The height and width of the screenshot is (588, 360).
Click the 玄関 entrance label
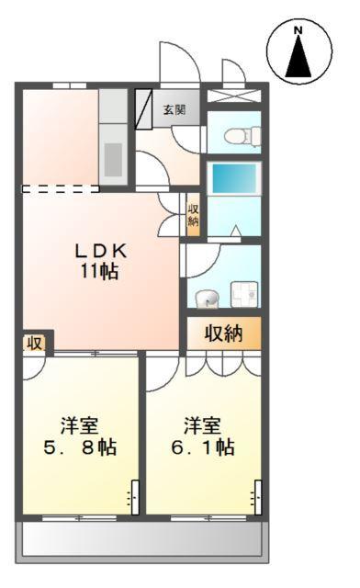[x=174, y=109]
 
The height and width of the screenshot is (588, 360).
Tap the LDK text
[x=100, y=251]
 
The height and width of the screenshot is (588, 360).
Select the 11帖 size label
[x=100, y=272]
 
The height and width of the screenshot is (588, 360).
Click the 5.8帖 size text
[x=82, y=448]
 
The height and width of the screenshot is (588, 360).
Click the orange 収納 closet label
[x=223, y=333]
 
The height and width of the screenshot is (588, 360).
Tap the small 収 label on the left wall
[x=34, y=344]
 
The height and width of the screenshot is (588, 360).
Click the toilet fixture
[x=240, y=135]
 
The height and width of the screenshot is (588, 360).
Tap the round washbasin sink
[x=207, y=298]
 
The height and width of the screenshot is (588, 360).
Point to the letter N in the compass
[x=298, y=32]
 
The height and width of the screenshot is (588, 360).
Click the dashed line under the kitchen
[x=61, y=189]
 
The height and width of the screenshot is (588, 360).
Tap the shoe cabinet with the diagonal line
[x=144, y=108]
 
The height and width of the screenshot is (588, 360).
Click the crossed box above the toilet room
[x=233, y=95]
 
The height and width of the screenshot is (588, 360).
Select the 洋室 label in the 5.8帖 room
[x=81, y=425]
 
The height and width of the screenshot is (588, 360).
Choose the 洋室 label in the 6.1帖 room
[x=202, y=425]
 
